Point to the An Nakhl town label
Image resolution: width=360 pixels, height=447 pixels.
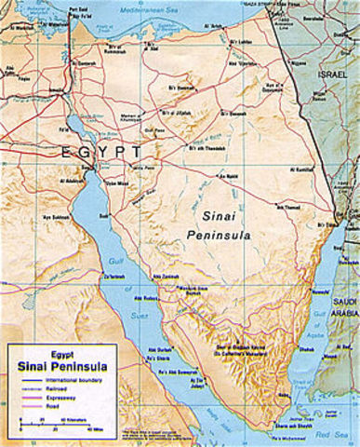(x=228, y=175)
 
